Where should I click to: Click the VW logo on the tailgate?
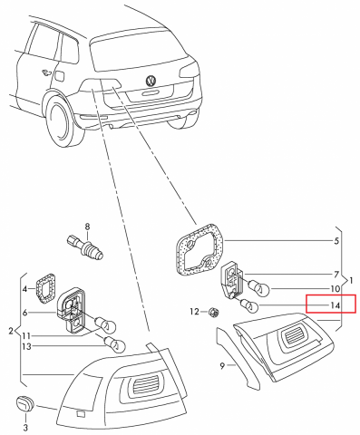pos(151,82)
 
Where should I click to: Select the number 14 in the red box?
pos(336,305)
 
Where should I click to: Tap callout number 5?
pos(336,241)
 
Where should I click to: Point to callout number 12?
pos(193,312)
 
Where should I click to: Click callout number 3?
pos(25,426)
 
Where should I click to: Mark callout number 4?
pos(25,289)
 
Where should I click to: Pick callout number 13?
pos(25,347)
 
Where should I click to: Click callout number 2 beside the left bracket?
pos(10,331)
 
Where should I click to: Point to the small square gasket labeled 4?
pos(44,286)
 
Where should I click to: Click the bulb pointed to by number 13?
pos(113,343)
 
